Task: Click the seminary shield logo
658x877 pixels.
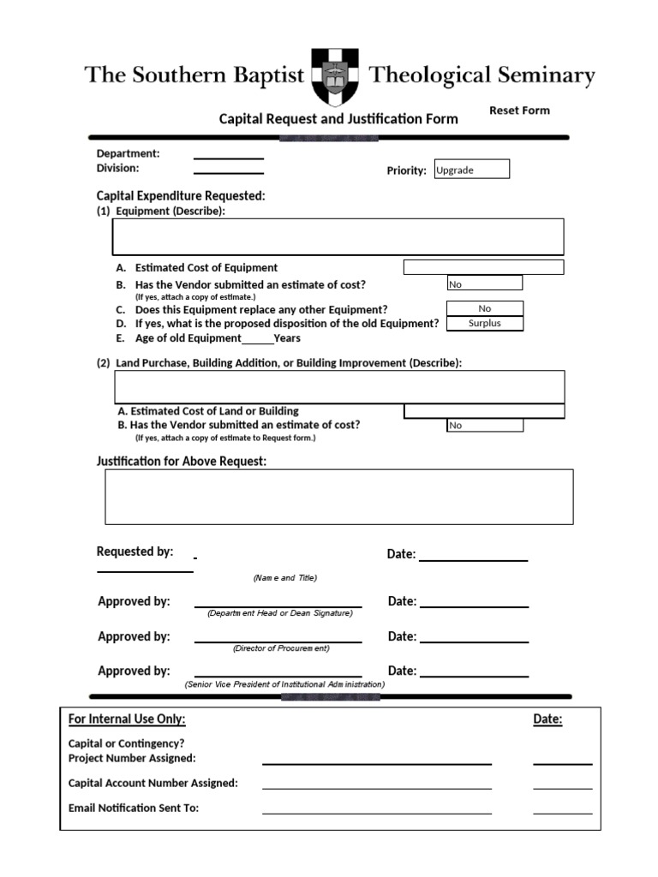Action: pos(336,76)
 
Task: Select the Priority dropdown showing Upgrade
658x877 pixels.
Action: pos(471,170)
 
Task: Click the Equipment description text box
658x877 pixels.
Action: pos(338,236)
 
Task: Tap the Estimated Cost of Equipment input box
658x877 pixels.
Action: pos(483,267)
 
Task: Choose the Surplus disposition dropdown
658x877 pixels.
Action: pos(485,323)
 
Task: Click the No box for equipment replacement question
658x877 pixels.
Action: pos(485,308)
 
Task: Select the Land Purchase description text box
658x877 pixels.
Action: pos(339,386)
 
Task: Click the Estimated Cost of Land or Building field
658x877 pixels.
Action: pos(484,411)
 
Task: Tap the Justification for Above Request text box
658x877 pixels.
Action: pos(339,496)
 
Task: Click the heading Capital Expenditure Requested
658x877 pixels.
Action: pos(181,196)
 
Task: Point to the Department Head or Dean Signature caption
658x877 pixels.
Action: pos(279,613)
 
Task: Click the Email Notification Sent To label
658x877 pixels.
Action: pos(134,808)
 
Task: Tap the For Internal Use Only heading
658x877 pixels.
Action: pos(127,719)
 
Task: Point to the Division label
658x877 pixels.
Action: pos(117,168)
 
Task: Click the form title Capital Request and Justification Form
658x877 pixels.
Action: pos(338,119)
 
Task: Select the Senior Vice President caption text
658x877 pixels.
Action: pos(285,684)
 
